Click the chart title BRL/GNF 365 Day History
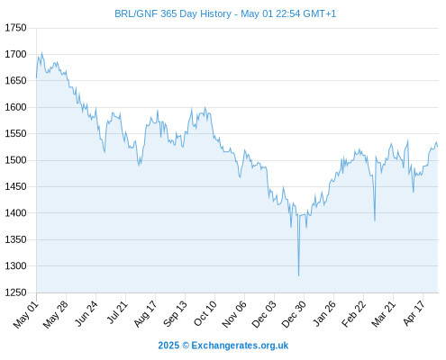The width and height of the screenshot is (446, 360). (x=173, y=13)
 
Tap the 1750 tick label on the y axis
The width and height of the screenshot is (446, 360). (x=15, y=28)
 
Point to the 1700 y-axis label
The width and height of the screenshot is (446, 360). (x=15, y=54)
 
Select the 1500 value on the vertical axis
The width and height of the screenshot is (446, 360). (x=15, y=160)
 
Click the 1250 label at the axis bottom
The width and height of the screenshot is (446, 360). (x=15, y=292)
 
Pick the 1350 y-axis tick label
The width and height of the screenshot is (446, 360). (x=15, y=239)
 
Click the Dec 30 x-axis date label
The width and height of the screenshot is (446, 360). (x=294, y=314)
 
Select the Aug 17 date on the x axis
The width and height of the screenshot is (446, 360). (x=145, y=314)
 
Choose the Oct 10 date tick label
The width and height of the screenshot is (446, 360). (x=205, y=314)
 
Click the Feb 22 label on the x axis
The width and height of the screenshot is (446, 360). (x=353, y=314)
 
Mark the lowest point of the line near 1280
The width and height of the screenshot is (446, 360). (x=298, y=275)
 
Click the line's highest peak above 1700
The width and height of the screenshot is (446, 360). (x=41, y=52)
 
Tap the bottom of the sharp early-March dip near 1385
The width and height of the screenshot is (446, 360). (x=375, y=220)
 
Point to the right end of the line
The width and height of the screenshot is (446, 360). (x=438, y=147)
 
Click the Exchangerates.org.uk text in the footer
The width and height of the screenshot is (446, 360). (x=240, y=346)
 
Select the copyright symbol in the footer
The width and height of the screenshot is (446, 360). (x=186, y=346)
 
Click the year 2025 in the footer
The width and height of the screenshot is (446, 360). (x=168, y=346)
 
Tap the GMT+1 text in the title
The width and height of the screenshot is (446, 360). (x=320, y=13)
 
